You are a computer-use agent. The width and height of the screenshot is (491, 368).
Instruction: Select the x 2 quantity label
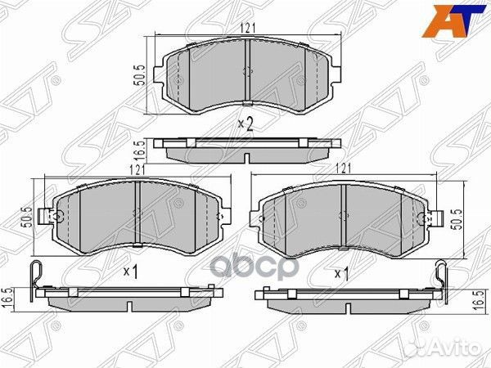(x=243, y=123)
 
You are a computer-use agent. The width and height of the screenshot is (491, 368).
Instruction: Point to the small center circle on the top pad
(x=246, y=71)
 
